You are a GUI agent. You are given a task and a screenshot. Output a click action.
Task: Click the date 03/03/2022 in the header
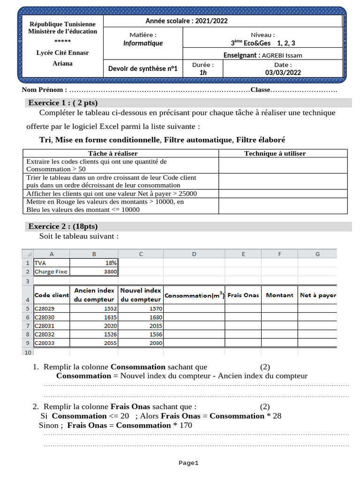(x=283, y=72)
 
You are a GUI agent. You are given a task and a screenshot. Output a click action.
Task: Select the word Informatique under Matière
(x=143, y=43)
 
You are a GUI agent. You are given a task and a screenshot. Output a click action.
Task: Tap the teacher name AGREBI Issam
(x=282, y=55)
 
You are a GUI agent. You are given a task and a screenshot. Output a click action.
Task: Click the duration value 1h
(x=203, y=72)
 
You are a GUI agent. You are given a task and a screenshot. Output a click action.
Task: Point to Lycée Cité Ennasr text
(x=62, y=52)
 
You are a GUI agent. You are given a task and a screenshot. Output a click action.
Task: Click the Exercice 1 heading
(x=63, y=103)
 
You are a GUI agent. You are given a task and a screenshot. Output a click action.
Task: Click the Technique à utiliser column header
(x=275, y=153)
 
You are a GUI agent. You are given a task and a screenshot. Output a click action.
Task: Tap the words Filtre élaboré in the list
(x=261, y=140)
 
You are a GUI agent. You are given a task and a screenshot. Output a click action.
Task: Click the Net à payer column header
(x=318, y=295)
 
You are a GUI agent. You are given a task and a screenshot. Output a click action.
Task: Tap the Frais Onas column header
(x=243, y=295)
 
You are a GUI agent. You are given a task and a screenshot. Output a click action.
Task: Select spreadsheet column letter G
(x=317, y=254)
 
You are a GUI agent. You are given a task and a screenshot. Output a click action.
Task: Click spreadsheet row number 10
(x=27, y=352)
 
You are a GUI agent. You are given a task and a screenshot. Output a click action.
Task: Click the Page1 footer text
(x=188, y=463)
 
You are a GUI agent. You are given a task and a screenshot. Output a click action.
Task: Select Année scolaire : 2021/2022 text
(x=187, y=21)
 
